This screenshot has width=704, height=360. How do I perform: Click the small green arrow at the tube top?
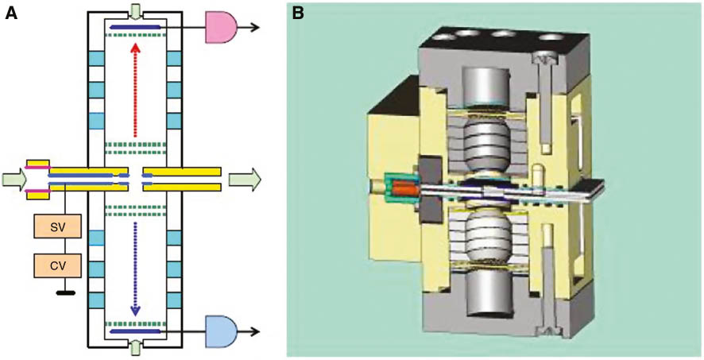pos(135,11)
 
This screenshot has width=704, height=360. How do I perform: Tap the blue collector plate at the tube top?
pos(135,27)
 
